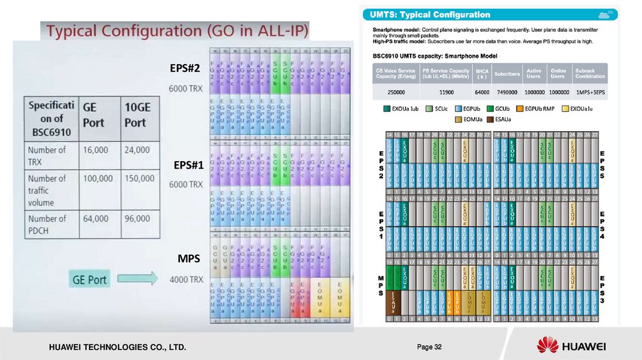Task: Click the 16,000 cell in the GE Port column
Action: [x=95, y=150]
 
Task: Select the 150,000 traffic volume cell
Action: [x=139, y=178]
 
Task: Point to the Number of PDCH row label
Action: [x=47, y=225]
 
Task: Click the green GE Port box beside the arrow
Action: [x=90, y=279]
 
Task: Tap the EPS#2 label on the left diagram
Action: [x=184, y=68]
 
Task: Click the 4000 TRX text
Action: [x=186, y=279]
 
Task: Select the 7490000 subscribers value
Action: [x=506, y=92]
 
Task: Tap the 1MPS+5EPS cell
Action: [x=590, y=92]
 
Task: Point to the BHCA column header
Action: [x=481, y=73]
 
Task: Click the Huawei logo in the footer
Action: [x=571, y=346]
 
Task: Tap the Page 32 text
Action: [x=429, y=347]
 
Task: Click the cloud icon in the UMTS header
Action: [x=605, y=14]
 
